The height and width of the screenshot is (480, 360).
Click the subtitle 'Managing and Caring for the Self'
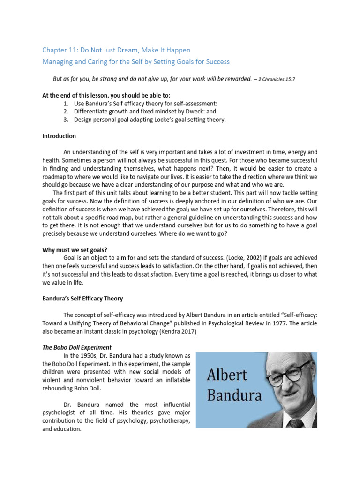tap(135, 62)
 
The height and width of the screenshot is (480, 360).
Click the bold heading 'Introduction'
tap(59, 136)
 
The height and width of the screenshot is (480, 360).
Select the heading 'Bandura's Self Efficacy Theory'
tap(82, 299)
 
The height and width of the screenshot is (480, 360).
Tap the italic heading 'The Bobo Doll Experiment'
tap(77, 347)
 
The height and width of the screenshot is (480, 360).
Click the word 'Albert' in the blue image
tap(226, 375)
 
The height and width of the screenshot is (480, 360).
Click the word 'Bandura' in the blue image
tap(234, 395)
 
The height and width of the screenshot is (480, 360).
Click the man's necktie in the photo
tap(295, 423)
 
